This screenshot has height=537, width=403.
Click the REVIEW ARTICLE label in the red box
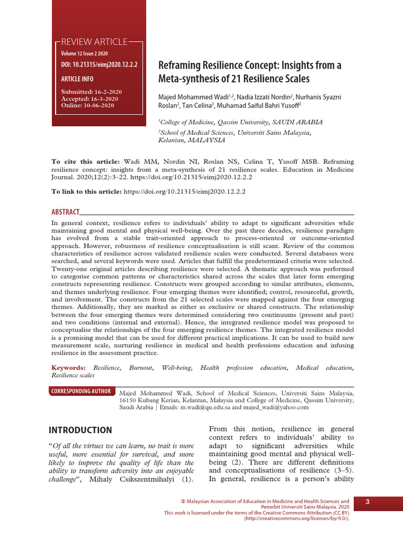point(94,42)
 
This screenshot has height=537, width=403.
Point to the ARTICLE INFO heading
point(77,79)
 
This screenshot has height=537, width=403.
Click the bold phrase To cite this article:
point(86,162)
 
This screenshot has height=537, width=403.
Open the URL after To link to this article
point(184,192)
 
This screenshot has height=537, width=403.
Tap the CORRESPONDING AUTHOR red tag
point(81,391)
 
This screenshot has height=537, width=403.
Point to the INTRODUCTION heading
point(80,430)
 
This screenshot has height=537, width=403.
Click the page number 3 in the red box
point(368,503)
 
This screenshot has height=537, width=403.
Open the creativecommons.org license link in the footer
point(296,518)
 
